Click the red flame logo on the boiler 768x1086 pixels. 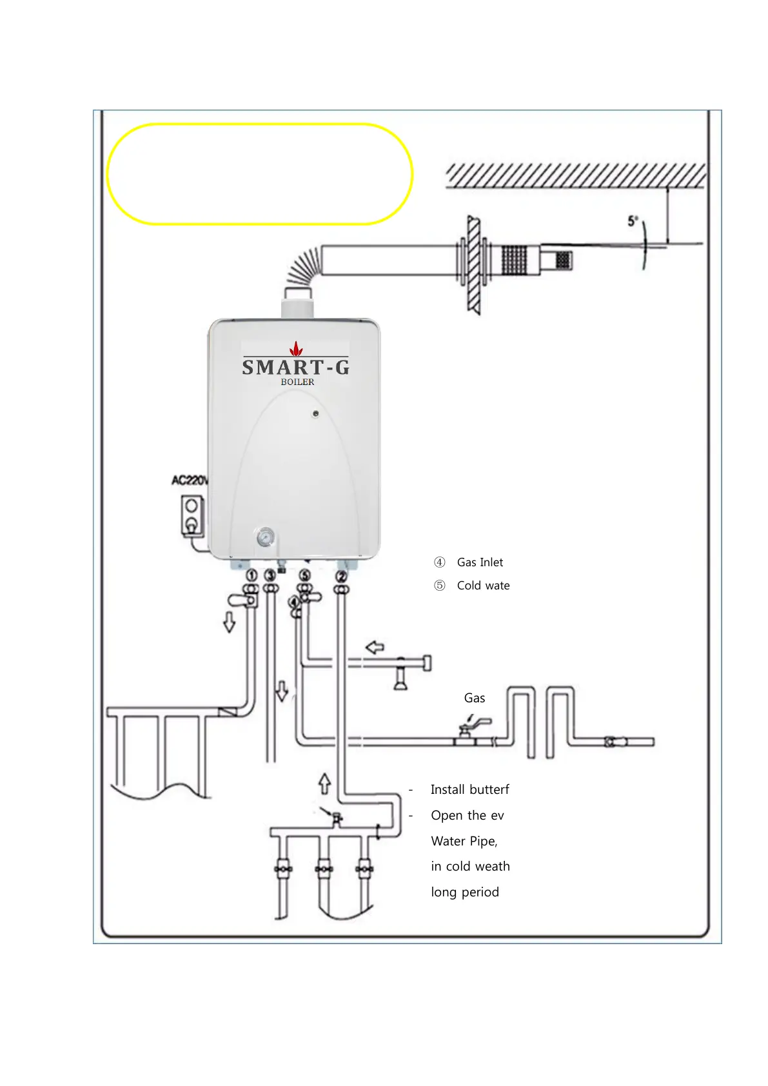pyautogui.click(x=296, y=349)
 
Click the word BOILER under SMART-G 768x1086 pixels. pyautogui.click(x=297, y=382)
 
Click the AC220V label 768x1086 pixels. pyautogui.click(x=190, y=480)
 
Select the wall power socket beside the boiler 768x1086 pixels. pyautogui.click(x=192, y=515)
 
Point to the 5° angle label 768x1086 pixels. pyautogui.click(x=633, y=221)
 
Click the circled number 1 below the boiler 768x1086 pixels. pyautogui.click(x=252, y=575)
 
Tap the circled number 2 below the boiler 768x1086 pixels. pyautogui.click(x=342, y=575)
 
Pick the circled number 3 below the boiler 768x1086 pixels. pyautogui.click(x=271, y=575)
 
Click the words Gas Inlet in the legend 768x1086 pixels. pyautogui.click(x=480, y=562)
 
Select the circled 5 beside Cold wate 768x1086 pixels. pyautogui.click(x=439, y=586)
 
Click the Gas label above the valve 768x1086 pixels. pyautogui.click(x=475, y=698)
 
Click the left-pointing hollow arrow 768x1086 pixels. pyautogui.click(x=375, y=647)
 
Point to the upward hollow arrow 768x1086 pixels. pyautogui.click(x=325, y=783)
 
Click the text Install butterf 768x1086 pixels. pyautogui.click(x=469, y=789)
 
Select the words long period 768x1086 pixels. pyautogui.click(x=465, y=892)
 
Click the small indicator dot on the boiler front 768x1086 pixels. pyautogui.click(x=315, y=413)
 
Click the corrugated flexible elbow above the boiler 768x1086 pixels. pyautogui.click(x=304, y=267)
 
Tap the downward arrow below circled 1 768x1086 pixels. pyautogui.click(x=229, y=622)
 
